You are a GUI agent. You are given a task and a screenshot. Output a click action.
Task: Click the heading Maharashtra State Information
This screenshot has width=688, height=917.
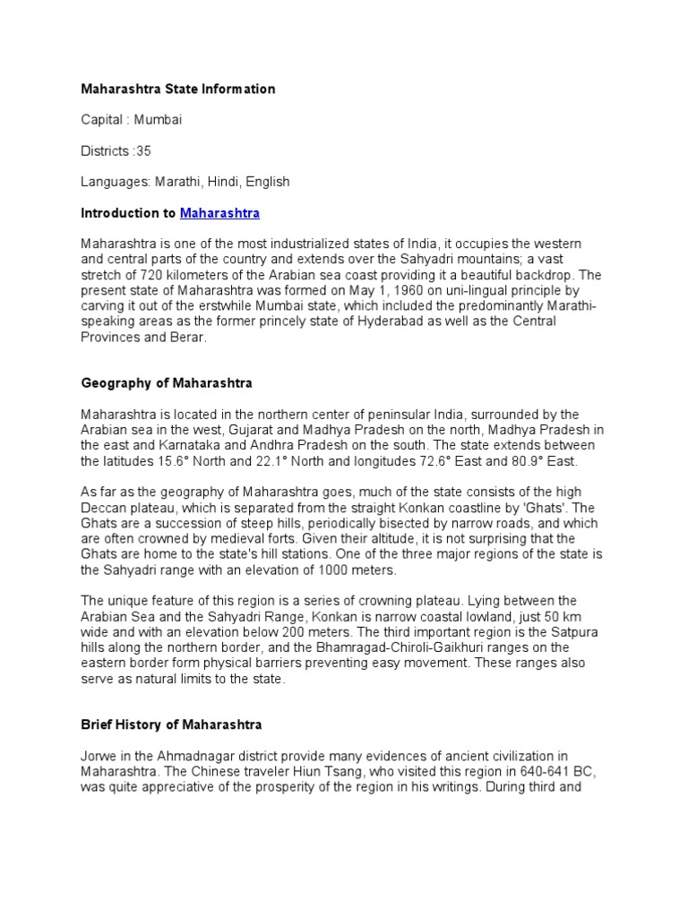coord(178,89)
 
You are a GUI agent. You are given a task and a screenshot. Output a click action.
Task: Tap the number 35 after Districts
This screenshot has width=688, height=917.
coord(143,150)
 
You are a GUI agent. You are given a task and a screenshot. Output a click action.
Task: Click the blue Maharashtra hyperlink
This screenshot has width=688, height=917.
coord(219,213)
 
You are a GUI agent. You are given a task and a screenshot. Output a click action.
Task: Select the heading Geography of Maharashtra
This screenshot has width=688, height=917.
coord(167,382)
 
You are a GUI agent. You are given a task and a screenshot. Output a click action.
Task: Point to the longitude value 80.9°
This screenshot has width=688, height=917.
coord(529,460)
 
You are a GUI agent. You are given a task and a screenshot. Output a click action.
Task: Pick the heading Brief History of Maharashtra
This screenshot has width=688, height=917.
coord(171,724)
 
